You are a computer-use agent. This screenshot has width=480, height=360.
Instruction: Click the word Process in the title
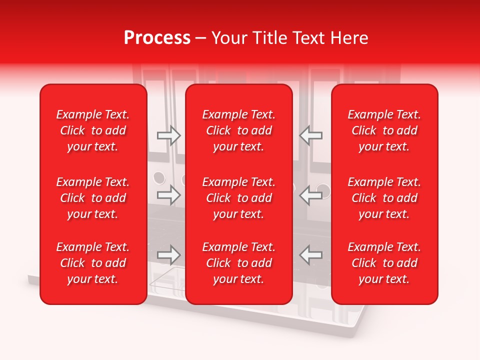click(x=157, y=38)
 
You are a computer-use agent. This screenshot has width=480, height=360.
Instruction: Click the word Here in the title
click(x=348, y=38)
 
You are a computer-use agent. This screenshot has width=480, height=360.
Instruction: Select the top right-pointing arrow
click(x=169, y=135)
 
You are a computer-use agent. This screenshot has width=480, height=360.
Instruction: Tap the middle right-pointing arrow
click(x=169, y=195)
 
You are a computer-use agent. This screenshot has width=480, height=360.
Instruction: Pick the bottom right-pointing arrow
click(x=169, y=255)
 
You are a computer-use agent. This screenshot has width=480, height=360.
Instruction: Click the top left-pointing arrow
click(x=311, y=135)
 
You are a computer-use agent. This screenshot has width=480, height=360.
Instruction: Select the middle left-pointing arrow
click(x=311, y=195)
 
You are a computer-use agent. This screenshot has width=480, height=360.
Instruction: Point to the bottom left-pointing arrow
click(x=311, y=255)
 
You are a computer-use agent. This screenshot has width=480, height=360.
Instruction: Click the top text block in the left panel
click(x=93, y=130)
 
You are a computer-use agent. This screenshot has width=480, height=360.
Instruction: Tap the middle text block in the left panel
click(x=93, y=198)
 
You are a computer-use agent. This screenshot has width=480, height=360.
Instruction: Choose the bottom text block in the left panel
click(x=93, y=263)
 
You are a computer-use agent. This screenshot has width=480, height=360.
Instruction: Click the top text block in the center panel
click(x=239, y=130)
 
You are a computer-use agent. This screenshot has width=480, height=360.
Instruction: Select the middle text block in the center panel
click(x=239, y=198)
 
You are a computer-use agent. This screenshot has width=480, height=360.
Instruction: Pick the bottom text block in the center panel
click(x=239, y=263)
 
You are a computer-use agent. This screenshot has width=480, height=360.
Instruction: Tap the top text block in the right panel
click(x=384, y=130)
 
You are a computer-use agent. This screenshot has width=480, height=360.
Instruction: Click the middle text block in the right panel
click(x=384, y=198)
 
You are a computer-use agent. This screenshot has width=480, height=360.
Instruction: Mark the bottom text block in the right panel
click(x=384, y=263)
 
